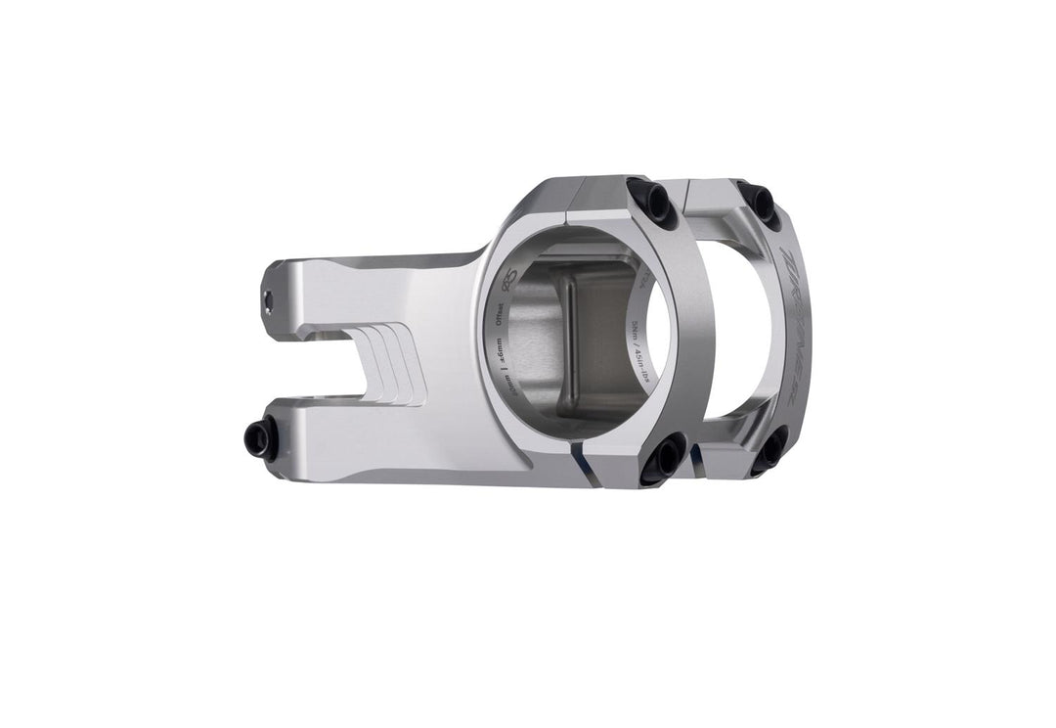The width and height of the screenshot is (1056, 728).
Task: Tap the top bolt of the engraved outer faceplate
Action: [x=759, y=202]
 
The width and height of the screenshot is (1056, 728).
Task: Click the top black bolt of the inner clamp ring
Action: [x=649, y=201]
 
